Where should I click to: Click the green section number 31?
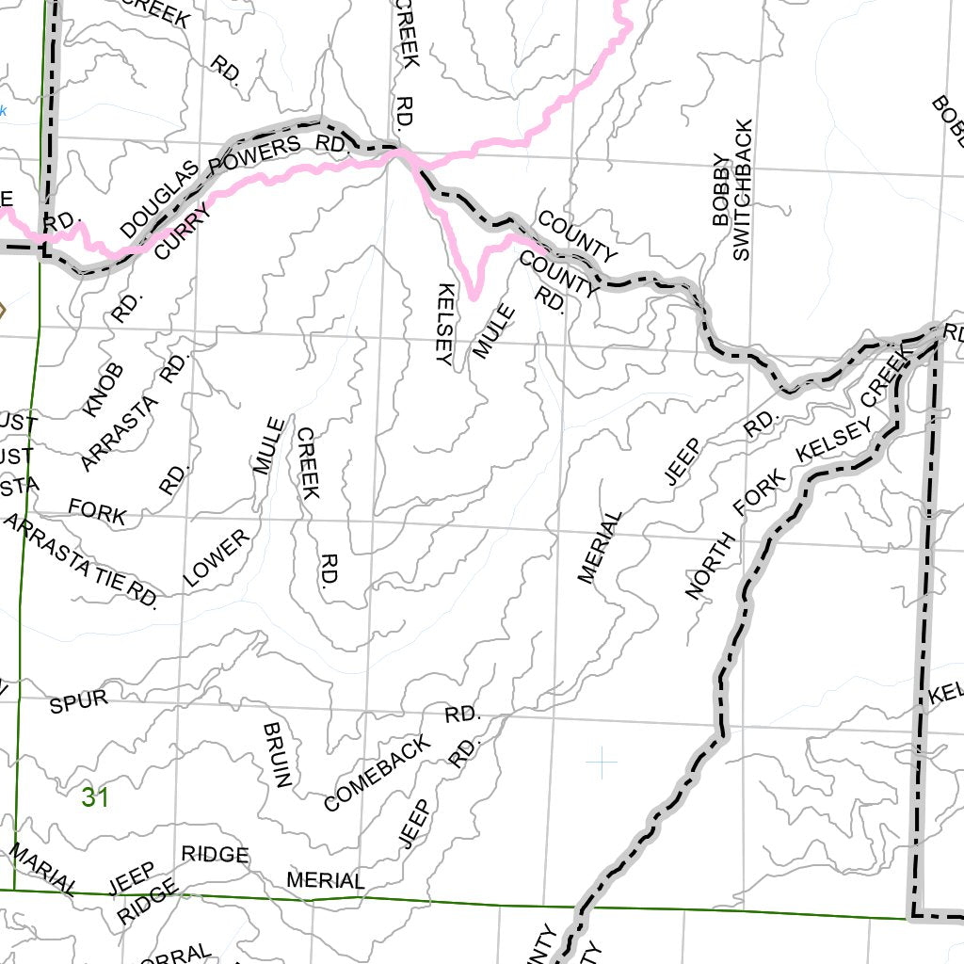95,798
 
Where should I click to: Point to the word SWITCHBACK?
742,190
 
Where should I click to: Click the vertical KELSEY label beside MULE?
445,323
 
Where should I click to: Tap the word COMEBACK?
377,773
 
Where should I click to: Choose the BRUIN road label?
280,755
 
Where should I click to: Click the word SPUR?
78,701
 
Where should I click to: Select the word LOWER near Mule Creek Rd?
217,558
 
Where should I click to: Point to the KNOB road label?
104,390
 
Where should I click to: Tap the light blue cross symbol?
601,762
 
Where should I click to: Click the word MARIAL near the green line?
43,868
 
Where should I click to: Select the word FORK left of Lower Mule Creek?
97,512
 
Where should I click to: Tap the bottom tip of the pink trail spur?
474,297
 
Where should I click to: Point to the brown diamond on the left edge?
2,310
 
